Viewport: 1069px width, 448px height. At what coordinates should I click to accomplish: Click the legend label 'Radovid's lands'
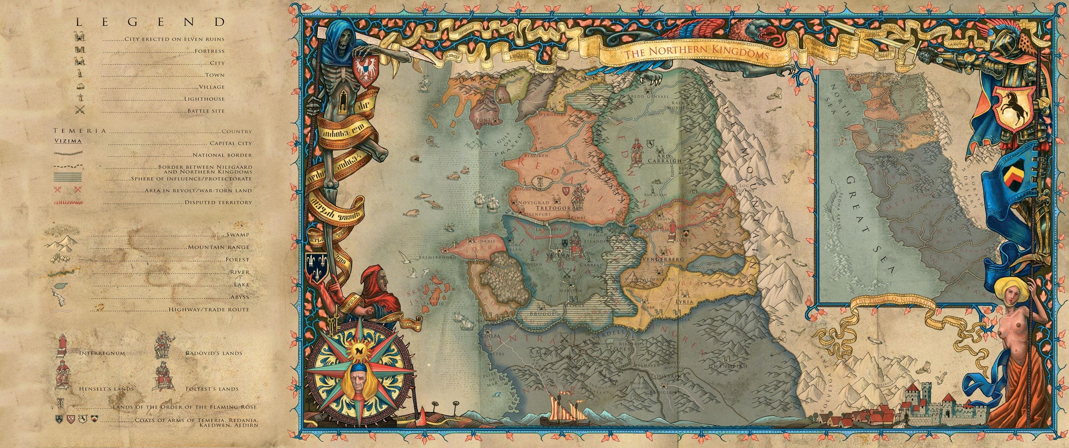[x=214, y=353]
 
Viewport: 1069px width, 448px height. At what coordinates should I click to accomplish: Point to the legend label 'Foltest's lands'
[x=212, y=389]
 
